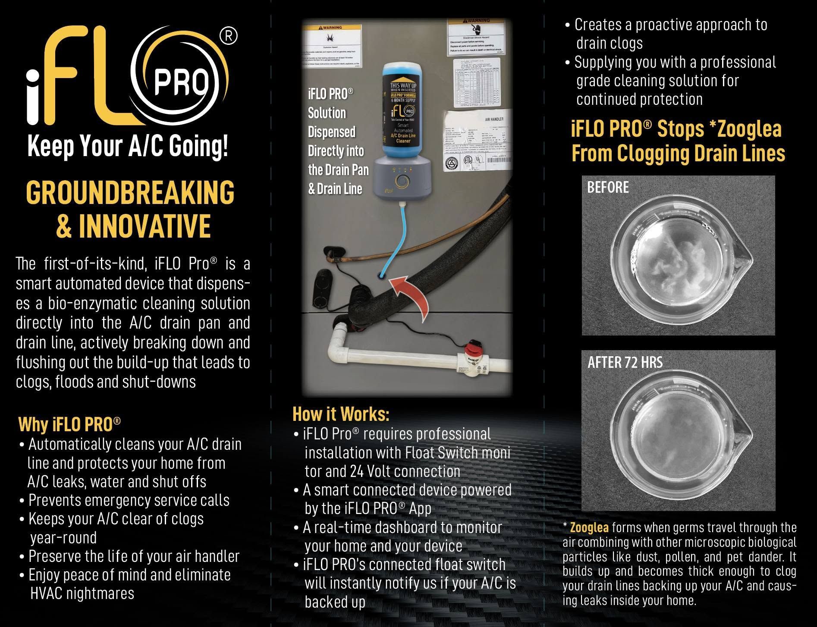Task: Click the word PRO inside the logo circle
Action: (x=182, y=82)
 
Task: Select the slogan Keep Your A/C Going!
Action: (x=128, y=147)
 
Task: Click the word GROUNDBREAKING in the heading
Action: (x=130, y=193)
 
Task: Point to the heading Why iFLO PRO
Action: (x=69, y=424)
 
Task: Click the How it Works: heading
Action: (x=341, y=414)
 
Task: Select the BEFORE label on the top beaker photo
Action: (x=608, y=188)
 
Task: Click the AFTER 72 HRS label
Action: (x=625, y=363)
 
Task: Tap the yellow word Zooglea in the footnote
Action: (x=589, y=527)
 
